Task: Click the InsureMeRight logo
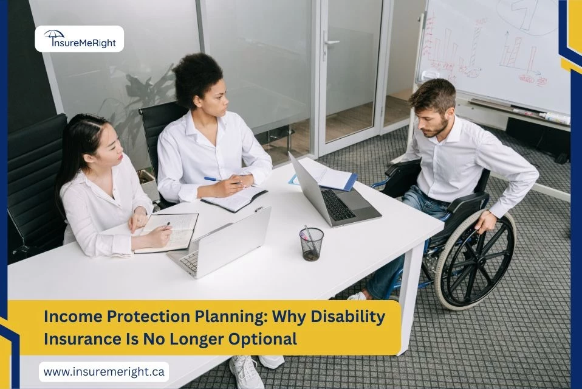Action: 79,39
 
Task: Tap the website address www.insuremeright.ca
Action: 104,371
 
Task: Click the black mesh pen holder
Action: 311,244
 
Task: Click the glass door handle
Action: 330,43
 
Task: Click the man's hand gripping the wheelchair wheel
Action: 487,223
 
